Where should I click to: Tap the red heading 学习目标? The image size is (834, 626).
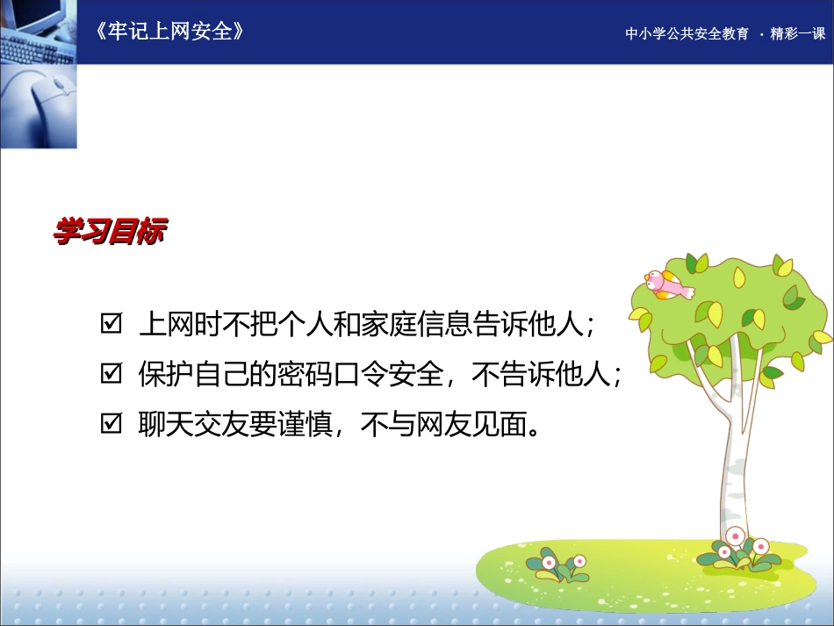(110, 234)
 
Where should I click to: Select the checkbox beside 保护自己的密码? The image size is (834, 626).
(111, 375)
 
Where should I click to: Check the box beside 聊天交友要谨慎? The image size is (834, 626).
(111, 425)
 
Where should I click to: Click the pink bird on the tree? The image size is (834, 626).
(667, 284)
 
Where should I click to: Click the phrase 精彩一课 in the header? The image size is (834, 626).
(798, 34)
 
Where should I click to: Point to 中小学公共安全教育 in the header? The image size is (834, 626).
(687, 34)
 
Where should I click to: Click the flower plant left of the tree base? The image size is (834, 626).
(557, 566)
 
